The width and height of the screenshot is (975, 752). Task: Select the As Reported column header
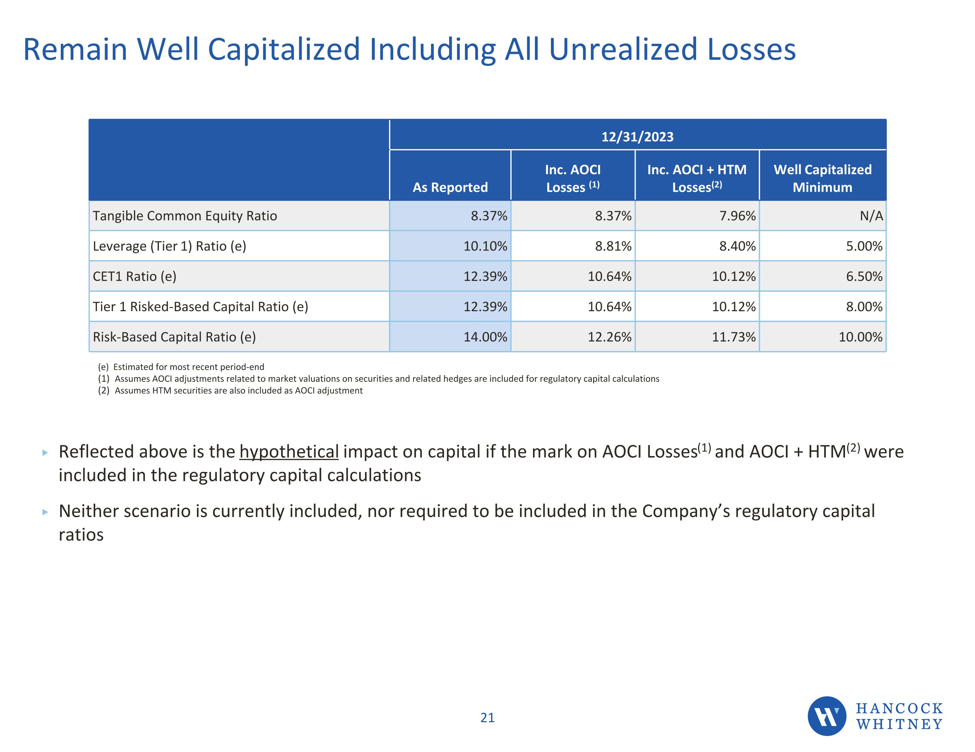(x=450, y=187)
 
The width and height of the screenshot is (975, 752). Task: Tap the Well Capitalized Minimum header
(x=822, y=178)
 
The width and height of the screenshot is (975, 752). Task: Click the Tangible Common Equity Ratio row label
(x=185, y=216)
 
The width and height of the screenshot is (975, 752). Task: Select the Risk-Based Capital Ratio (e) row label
(x=174, y=337)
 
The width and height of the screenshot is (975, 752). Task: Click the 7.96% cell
(x=737, y=216)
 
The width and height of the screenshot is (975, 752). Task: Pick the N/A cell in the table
(x=871, y=216)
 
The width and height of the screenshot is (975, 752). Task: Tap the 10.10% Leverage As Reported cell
(x=485, y=246)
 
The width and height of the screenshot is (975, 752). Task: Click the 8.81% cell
(x=613, y=246)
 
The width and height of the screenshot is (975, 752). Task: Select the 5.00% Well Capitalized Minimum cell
(x=864, y=246)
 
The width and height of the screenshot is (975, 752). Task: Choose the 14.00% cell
(x=485, y=337)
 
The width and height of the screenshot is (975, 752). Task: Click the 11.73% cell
(x=734, y=337)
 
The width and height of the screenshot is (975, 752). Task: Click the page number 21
(x=487, y=718)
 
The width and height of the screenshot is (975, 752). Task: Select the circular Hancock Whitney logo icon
(x=827, y=716)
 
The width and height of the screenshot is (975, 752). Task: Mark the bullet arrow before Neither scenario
(x=45, y=512)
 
